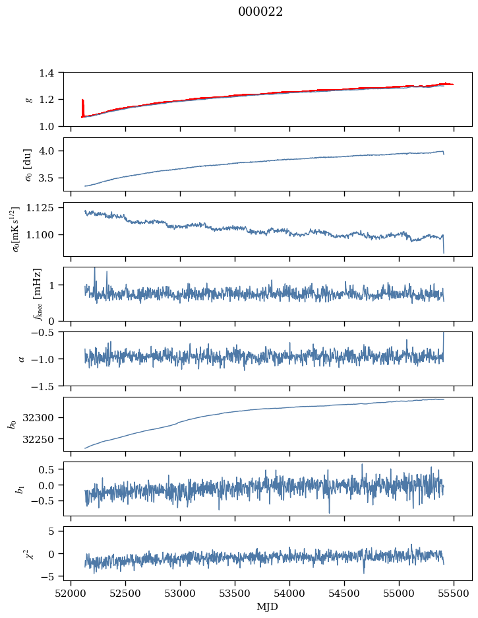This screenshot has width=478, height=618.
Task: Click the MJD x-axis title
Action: pyautogui.click(x=268, y=606)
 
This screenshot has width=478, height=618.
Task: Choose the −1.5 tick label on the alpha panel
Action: pyautogui.click(x=45, y=386)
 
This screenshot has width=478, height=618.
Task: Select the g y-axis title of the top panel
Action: pyautogui.click(x=28, y=99)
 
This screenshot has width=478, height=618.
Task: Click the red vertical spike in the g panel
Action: pyautogui.click(x=82, y=106)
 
